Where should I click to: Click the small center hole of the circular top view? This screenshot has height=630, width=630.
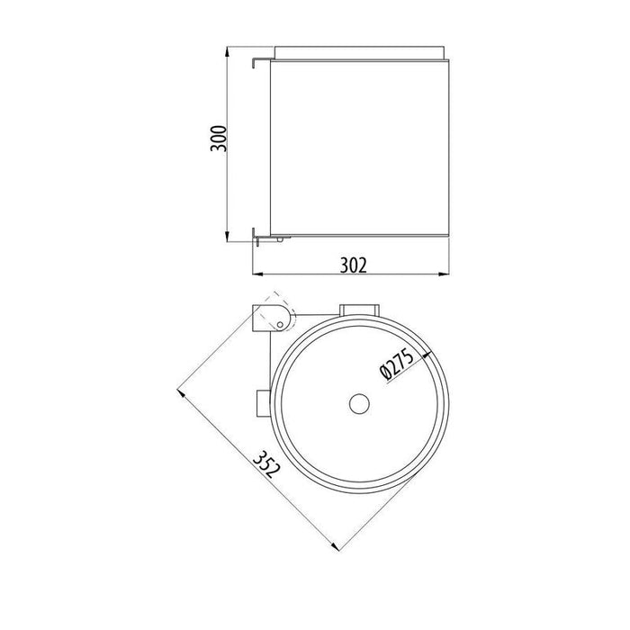(358, 402)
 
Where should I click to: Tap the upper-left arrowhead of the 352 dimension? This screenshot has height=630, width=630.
(181, 392)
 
